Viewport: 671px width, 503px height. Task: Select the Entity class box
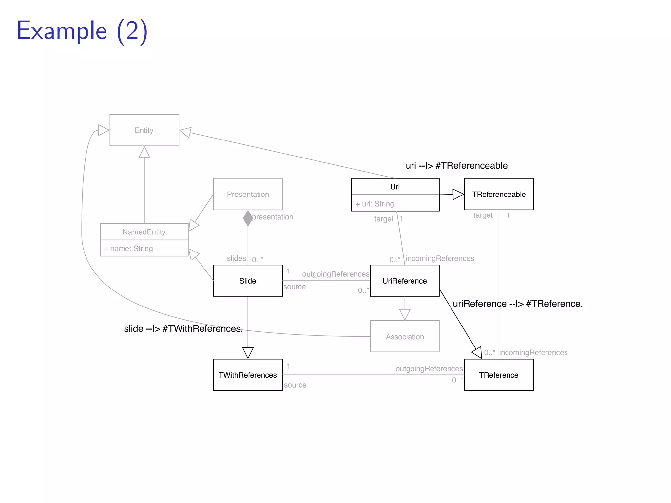click(144, 130)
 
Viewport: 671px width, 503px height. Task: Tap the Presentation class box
click(248, 194)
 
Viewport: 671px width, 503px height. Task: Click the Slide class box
click(248, 281)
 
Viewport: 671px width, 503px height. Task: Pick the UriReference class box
click(404, 281)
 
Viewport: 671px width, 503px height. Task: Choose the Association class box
click(404, 336)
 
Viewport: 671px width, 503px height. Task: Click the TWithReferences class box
click(248, 375)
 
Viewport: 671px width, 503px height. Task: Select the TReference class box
click(498, 375)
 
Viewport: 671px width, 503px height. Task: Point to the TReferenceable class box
click(498, 194)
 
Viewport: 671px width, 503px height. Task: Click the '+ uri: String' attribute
click(375, 204)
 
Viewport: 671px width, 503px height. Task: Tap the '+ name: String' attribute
click(128, 248)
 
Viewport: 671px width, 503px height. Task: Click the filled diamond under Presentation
click(248, 218)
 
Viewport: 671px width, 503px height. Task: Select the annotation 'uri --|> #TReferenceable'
click(456, 166)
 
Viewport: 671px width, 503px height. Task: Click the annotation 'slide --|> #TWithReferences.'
click(183, 328)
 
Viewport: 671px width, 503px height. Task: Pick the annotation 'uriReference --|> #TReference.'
click(517, 304)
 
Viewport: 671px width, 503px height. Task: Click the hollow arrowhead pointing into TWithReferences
click(248, 352)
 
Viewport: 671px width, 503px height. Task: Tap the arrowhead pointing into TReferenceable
click(458, 194)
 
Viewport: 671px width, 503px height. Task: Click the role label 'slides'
click(236, 258)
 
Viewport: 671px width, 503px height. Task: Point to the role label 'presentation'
click(273, 217)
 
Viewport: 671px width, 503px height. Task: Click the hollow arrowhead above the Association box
click(405, 314)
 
